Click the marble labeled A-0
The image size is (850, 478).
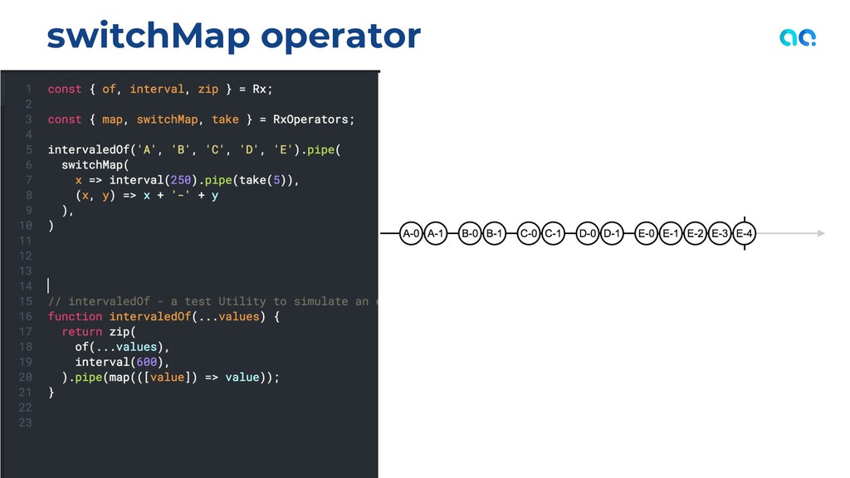411,234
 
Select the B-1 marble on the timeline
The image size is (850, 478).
494,234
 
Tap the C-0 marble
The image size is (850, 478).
529,234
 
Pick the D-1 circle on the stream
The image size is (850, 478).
612,234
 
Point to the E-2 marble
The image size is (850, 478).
696,234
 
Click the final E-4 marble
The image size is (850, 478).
745,234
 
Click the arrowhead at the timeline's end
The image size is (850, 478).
820,234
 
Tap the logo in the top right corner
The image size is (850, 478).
798,37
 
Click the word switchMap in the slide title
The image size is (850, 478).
148,36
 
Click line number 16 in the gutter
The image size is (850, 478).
25,316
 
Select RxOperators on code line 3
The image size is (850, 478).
314,119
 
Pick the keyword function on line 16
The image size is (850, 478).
75,316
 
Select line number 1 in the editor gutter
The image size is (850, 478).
28,89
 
